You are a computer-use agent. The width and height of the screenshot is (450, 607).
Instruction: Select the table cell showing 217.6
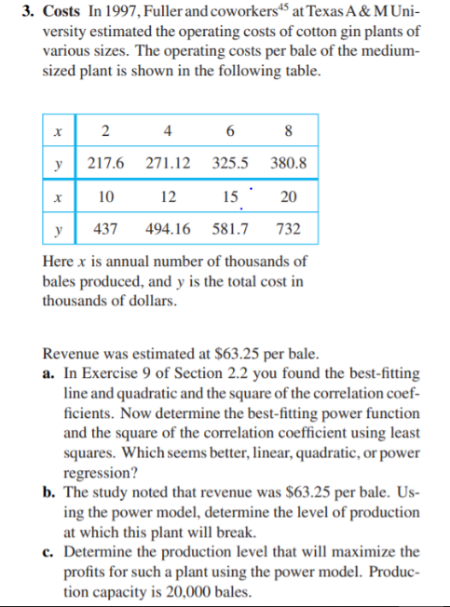105,162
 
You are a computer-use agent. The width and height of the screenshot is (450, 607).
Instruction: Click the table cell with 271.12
169,162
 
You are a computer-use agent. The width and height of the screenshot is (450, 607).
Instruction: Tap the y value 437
105,227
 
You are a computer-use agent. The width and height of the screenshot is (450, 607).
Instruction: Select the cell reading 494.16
169,227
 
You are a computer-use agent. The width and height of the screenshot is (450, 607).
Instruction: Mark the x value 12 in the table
168,196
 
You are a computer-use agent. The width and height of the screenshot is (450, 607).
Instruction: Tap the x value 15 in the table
230,196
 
